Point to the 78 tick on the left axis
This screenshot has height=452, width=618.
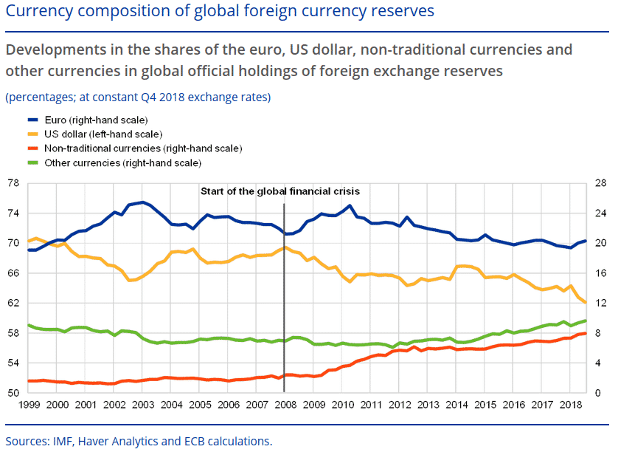click(x=13, y=183)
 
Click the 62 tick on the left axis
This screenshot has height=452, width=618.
click(x=13, y=304)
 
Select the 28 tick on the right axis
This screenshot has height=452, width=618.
click(x=600, y=183)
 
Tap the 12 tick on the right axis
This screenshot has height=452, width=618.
click(x=600, y=304)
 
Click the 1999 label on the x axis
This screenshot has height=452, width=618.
click(x=29, y=405)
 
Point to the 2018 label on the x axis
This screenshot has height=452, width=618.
click(x=570, y=405)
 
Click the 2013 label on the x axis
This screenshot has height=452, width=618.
click(x=428, y=405)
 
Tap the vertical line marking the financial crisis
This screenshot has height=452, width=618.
click(x=285, y=295)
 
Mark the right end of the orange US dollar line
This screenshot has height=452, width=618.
click(x=586, y=303)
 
